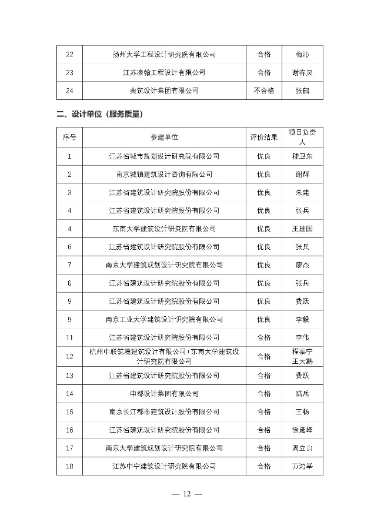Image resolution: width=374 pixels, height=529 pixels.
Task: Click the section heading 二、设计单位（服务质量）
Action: [x=100, y=114]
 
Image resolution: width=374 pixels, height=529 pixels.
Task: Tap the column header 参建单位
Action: [x=164, y=138]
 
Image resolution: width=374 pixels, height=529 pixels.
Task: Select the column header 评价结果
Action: [x=263, y=138]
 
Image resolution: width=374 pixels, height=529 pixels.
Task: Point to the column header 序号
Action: [x=70, y=138]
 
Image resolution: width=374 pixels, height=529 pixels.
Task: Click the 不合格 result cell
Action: [x=263, y=91]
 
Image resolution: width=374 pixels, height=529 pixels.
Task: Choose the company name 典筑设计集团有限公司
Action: [x=164, y=91]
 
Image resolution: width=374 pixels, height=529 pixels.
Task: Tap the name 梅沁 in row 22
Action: [x=302, y=55]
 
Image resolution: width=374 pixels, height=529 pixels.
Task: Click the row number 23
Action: [x=70, y=73]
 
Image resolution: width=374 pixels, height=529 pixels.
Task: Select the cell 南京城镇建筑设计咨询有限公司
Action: [x=164, y=174]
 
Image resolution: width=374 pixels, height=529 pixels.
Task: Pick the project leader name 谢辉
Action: [x=302, y=174]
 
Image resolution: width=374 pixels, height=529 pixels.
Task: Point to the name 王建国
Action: [x=302, y=229]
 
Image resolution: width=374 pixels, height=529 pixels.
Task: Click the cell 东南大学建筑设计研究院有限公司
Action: [x=164, y=229]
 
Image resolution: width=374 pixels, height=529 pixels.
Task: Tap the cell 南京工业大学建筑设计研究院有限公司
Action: [x=164, y=319]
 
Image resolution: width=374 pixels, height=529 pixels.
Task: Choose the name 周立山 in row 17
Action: [x=302, y=448]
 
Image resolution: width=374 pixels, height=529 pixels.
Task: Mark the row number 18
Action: [x=70, y=466]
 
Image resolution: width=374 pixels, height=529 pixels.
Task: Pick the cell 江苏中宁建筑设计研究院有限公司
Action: [x=164, y=466]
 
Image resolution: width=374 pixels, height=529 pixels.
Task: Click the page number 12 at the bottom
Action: [x=187, y=494]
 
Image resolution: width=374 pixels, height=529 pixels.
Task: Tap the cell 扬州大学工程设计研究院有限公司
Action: [x=164, y=55]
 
